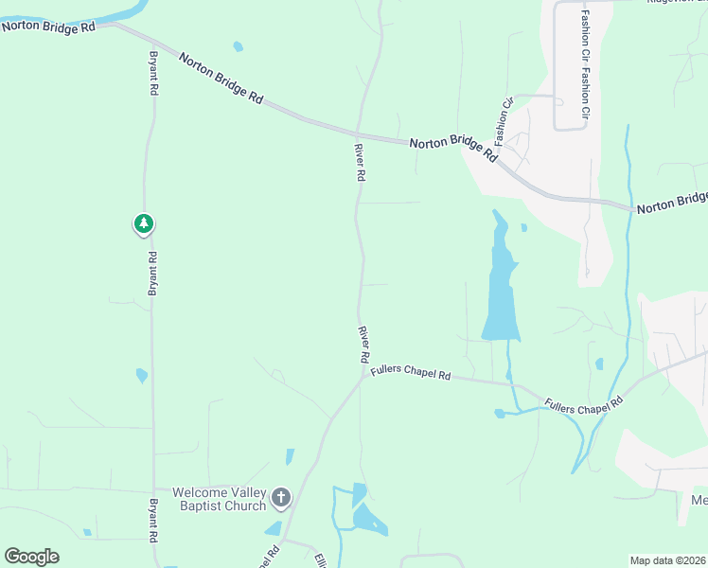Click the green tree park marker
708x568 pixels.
143,224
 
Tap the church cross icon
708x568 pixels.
280,496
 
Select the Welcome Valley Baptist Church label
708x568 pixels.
219,498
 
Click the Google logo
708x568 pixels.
31,557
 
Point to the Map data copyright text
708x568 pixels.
668,560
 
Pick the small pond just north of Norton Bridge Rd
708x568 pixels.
238,45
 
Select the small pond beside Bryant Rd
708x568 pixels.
142,376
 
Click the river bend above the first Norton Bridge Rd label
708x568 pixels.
128,12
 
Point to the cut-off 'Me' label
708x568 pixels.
699,500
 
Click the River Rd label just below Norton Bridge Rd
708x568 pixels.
360,162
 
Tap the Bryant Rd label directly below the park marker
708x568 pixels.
151,275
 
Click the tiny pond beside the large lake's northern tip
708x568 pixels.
523,227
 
